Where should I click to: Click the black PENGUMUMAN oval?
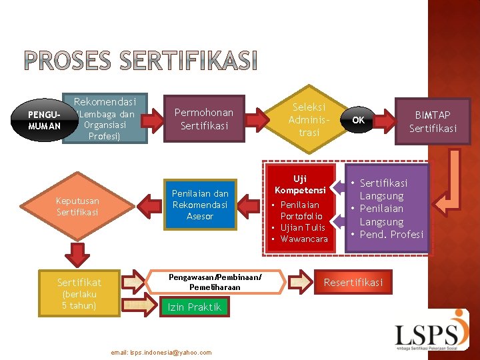pyautogui.click(x=45, y=120)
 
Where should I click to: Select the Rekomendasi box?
pyautogui.click(x=105, y=119)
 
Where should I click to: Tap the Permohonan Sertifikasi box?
pyautogui.click(x=204, y=119)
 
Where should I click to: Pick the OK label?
pyautogui.click(x=359, y=121)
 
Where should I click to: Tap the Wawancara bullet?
pyautogui.click(x=304, y=239)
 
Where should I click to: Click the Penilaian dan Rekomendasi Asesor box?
pyautogui.click(x=200, y=205)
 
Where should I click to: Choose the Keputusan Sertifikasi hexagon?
pyautogui.click(x=77, y=206)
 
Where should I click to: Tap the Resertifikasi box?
pyautogui.click(x=353, y=283)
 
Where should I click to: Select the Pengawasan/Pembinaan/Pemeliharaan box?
pyautogui.click(x=215, y=281)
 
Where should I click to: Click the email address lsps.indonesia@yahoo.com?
pyautogui.click(x=161, y=352)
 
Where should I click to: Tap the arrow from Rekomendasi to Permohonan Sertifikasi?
pyautogui.click(x=157, y=118)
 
